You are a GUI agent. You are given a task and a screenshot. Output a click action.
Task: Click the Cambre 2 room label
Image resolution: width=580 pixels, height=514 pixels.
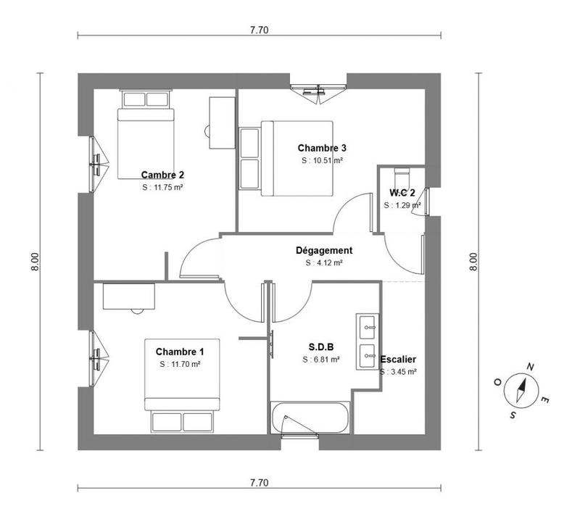[x=162, y=175]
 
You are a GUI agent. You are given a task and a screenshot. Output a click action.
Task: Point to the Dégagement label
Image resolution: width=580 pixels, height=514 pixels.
[x=324, y=251]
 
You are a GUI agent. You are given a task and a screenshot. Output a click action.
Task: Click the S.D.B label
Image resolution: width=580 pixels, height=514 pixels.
[x=320, y=347]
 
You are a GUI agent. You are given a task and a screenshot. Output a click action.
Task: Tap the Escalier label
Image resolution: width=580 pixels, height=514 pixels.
[x=398, y=359]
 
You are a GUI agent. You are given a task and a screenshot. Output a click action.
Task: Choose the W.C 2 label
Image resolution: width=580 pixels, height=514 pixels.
[x=402, y=193]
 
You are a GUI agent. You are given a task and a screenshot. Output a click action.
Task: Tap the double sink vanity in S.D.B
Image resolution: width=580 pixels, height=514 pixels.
[x=368, y=341]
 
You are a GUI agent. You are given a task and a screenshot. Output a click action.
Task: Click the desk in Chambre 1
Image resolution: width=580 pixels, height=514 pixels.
[x=130, y=297]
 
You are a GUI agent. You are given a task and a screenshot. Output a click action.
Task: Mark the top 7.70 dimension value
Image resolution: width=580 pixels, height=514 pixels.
[x=259, y=30]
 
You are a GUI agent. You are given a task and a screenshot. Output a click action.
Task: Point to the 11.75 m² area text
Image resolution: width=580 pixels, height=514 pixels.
[x=162, y=186]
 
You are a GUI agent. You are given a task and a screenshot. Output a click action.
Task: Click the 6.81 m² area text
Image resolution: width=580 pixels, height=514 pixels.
[x=320, y=359]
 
